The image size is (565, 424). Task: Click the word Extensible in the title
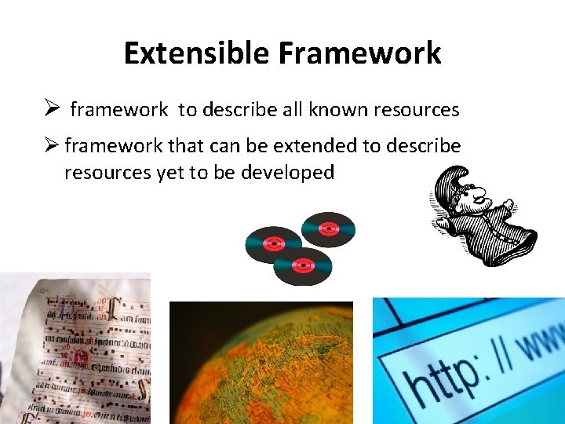pos(196,53)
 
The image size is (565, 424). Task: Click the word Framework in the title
pos(359,53)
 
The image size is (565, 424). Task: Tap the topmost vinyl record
pos(328,228)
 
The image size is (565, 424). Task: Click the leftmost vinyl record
pos(272,243)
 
